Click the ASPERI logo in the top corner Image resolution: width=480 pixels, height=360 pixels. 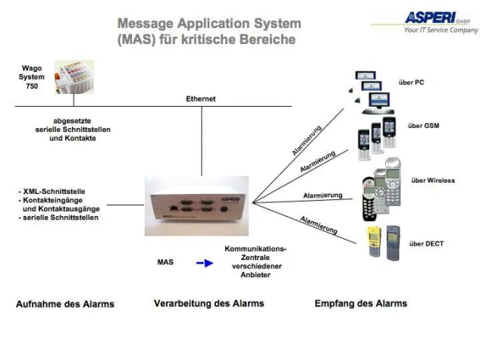tap(430, 16)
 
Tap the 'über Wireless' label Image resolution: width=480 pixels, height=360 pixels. tap(431, 180)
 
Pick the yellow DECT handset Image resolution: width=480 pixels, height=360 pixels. tap(374, 241)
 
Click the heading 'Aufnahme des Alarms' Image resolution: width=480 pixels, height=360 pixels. tap(65, 304)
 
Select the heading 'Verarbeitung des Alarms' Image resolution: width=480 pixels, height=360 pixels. tap(209, 303)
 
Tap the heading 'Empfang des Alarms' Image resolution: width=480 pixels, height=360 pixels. tap(360, 303)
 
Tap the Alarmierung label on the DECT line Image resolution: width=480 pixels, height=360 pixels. tap(319, 225)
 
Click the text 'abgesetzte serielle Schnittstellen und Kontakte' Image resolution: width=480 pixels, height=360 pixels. tap(73, 129)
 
